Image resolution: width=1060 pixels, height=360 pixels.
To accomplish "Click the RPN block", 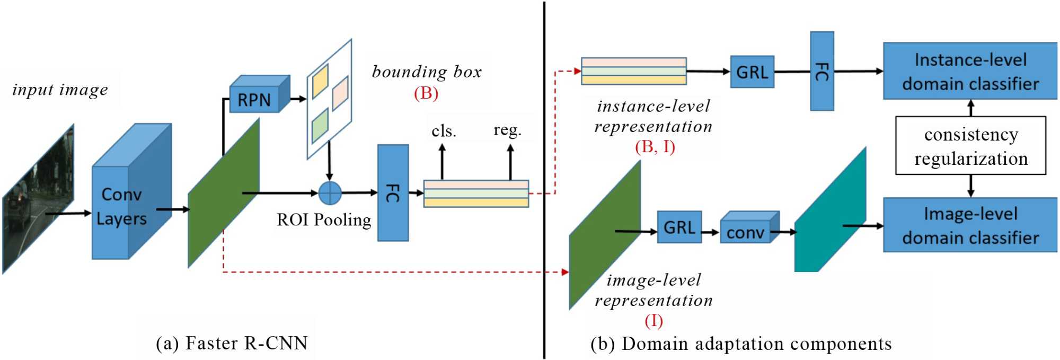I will pos(254,99).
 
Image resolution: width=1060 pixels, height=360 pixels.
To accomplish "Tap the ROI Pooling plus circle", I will pos(330,193).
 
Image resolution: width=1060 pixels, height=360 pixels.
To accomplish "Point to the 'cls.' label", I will pos(444,130).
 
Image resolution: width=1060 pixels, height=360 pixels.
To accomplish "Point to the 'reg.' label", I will pos(507,130).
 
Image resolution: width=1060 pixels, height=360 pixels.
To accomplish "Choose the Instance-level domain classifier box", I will pos(970,72).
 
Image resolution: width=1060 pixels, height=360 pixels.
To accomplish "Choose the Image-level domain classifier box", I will pos(970,225).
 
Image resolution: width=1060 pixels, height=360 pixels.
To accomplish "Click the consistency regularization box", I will pos(970,146).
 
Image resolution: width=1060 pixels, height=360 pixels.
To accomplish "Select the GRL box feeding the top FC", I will pos(752,72).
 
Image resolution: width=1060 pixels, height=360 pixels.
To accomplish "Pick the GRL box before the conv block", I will pos(679,227).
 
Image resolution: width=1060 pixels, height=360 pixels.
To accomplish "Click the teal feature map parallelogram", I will pos(829,212).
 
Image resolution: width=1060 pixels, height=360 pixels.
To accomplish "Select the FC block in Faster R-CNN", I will pos(393,193).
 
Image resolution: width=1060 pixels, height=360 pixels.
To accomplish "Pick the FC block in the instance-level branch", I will pos(821,71).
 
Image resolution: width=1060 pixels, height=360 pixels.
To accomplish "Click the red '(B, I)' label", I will pos(655,146).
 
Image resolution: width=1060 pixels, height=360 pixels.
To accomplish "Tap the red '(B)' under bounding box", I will pos(426,93).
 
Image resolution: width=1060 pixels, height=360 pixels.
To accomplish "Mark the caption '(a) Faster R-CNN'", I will pos(232,343).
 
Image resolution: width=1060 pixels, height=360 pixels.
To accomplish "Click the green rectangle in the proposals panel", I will pos(320,126).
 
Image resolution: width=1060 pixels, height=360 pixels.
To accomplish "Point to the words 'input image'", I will pos(60,90).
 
